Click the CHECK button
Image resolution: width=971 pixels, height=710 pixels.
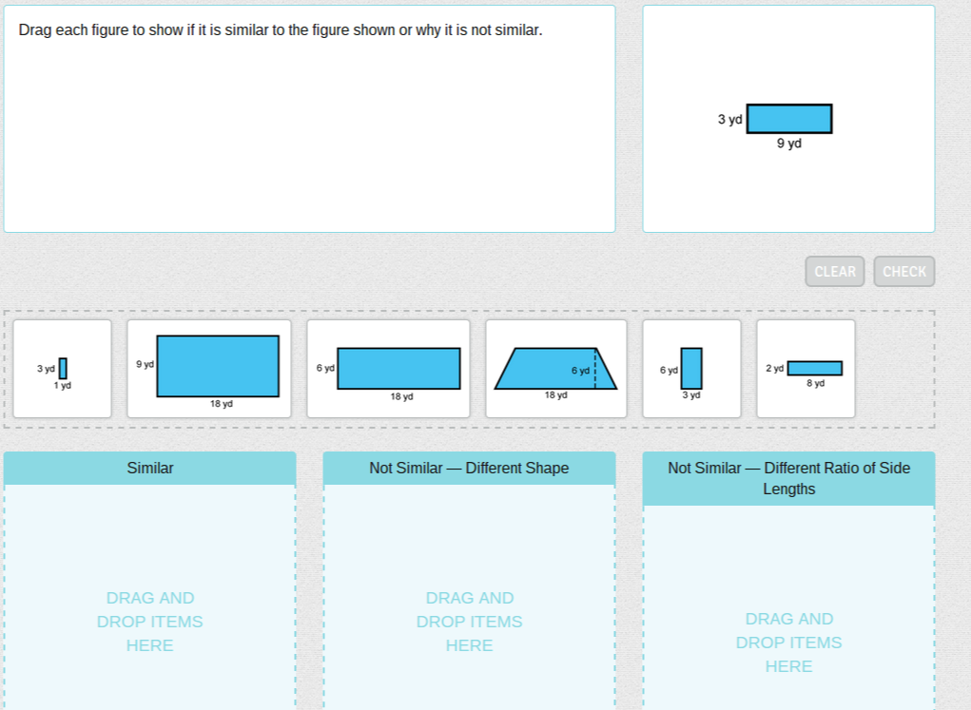click(904, 271)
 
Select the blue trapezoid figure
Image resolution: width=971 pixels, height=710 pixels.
click(555, 369)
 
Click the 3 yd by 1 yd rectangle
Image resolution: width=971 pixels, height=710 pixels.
click(63, 369)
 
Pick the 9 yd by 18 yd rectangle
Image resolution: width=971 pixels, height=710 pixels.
click(218, 366)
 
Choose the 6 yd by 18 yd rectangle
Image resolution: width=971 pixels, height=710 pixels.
click(398, 369)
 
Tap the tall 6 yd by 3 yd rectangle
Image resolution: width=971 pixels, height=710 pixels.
click(691, 369)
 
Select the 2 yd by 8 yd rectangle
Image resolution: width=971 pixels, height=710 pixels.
click(814, 369)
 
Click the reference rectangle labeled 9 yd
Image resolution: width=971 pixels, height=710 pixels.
click(789, 119)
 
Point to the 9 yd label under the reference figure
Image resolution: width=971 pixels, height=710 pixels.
click(789, 143)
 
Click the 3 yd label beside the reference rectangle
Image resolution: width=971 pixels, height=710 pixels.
click(729, 120)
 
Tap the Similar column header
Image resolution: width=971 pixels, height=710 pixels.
click(150, 468)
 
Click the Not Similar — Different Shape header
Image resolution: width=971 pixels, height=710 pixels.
click(469, 468)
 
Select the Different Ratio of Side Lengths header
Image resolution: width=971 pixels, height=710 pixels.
click(789, 478)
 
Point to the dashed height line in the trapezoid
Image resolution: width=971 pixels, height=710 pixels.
click(595, 369)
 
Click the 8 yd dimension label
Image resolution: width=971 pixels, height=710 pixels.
click(815, 383)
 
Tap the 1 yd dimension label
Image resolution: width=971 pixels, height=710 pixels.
click(63, 385)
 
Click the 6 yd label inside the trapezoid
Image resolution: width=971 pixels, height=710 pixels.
click(580, 370)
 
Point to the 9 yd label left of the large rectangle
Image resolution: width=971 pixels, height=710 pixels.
click(145, 364)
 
